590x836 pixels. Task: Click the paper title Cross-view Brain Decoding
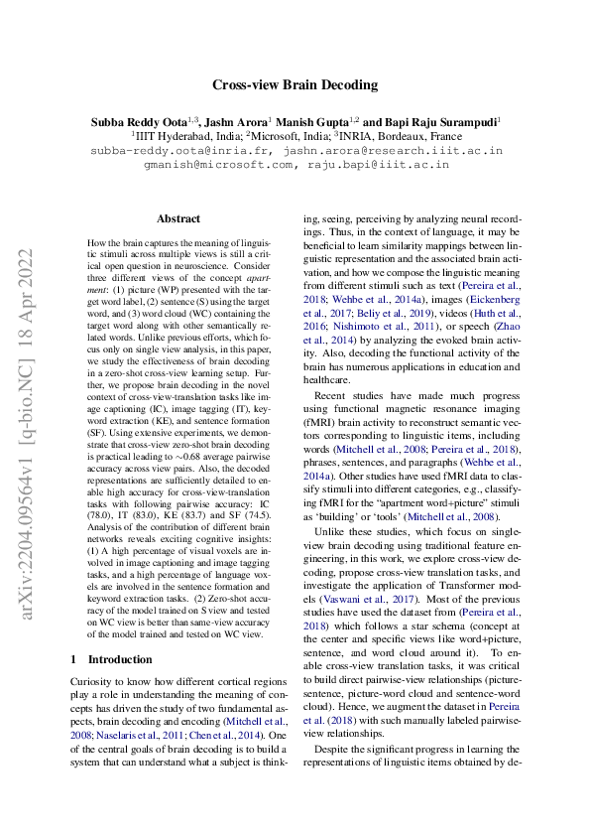[295, 84]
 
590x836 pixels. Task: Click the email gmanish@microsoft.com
[207, 165]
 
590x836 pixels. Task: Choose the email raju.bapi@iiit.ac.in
[379, 165]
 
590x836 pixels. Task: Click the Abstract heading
[178, 218]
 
